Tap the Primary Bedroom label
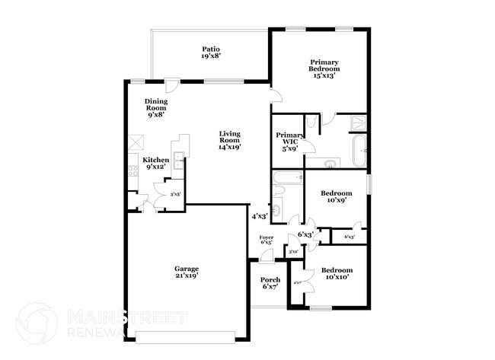click(323, 68)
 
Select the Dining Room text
click(156, 107)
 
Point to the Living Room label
click(229, 140)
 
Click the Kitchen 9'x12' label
click(155, 163)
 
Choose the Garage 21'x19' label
click(187, 272)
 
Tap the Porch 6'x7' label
click(270, 283)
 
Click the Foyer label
click(267, 240)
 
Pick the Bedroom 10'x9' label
click(335, 197)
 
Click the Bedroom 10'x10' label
click(336, 273)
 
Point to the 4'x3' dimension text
click(260, 216)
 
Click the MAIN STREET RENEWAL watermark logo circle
click(37, 323)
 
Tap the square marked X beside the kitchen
click(136, 142)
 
